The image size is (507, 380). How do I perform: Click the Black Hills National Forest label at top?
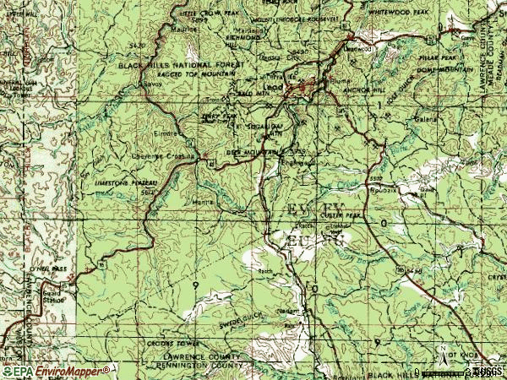coord(182,65)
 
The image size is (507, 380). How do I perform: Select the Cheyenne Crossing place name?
coord(166,156)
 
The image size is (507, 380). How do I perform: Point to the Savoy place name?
coord(150,86)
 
